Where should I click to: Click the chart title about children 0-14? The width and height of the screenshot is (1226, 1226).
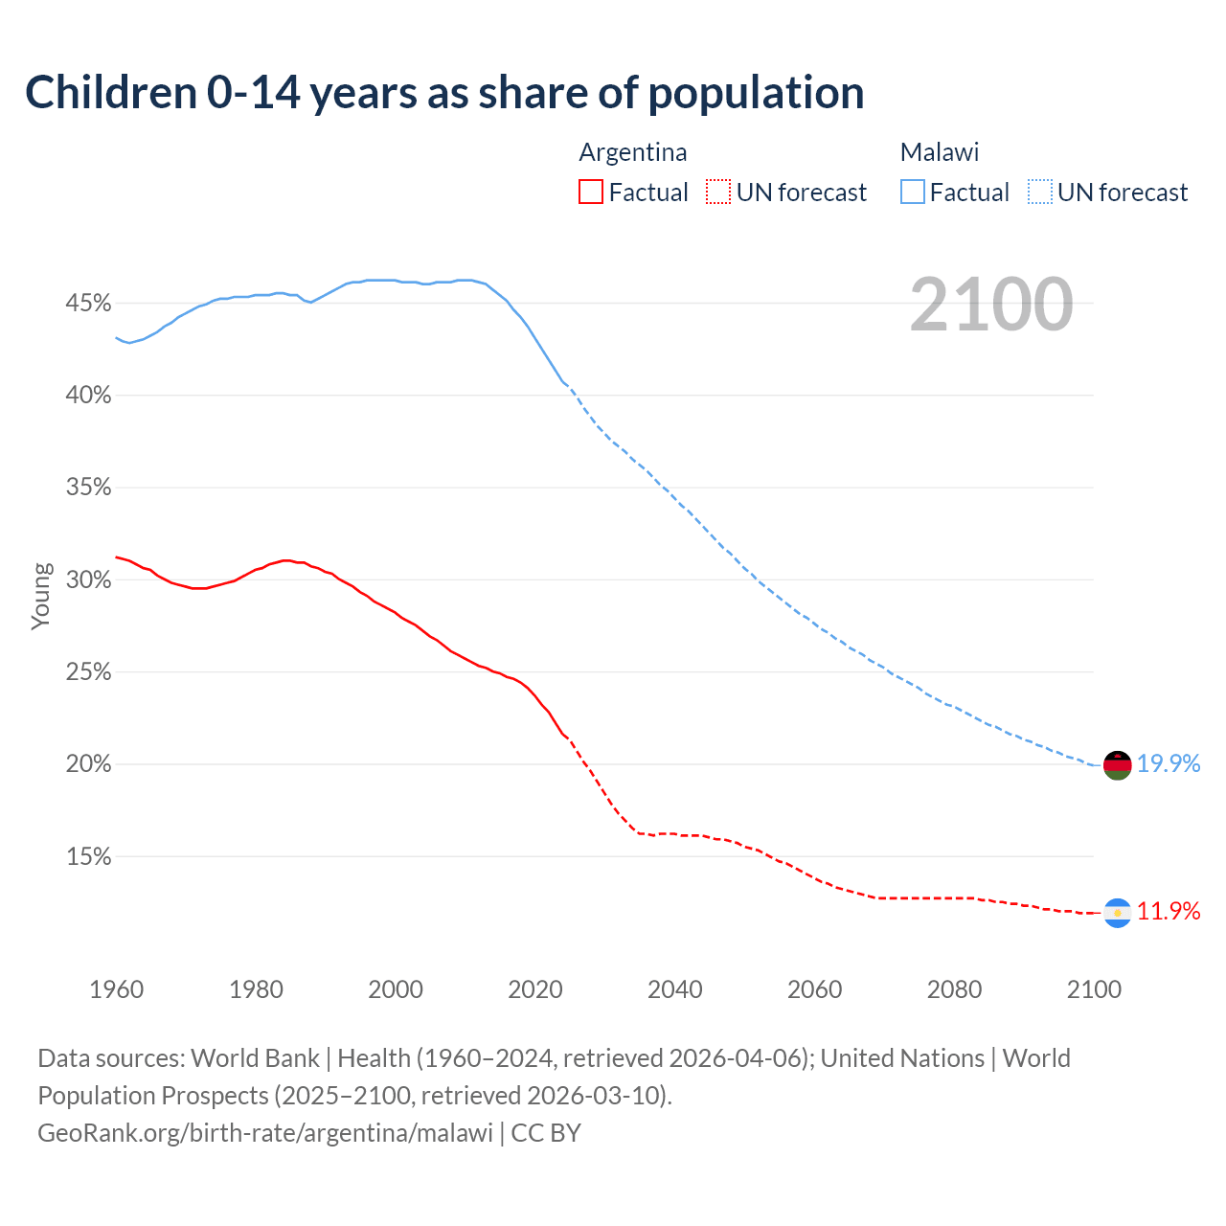(x=444, y=93)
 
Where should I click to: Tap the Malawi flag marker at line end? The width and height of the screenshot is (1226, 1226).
(x=1117, y=765)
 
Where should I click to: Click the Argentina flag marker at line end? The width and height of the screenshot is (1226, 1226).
(x=1117, y=914)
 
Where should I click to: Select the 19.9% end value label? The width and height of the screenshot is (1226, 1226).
(x=1169, y=763)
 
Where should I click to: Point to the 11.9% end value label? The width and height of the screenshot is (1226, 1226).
(x=1169, y=911)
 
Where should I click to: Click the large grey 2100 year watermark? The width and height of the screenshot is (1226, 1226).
(x=990, y=305)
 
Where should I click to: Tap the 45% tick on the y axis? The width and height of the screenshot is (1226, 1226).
(x=88, y=304)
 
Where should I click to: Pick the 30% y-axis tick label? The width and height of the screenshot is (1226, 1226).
(x=88, y=580)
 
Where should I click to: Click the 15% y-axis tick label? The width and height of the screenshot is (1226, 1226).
(x=88, y=857)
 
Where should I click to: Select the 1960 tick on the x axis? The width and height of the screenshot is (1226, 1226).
(x=116, y=989)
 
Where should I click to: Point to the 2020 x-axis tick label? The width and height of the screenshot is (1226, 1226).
(x=534, y=989)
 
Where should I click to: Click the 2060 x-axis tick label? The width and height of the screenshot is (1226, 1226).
(x=814, y=989)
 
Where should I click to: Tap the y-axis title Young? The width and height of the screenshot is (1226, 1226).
(x=40, y=596)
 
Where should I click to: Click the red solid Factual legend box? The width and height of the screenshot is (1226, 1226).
(x=591, y=193)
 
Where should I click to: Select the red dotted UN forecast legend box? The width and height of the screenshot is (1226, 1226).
(x=718, y=193)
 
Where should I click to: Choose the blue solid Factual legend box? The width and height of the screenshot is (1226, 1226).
(x=913, y=193)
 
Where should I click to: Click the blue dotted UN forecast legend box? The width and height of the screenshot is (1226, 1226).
(x=1040, y=193)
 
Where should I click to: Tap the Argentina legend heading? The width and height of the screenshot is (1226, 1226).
(x=632, y=152)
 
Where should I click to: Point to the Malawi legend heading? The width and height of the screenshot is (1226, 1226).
(x=939, y=152)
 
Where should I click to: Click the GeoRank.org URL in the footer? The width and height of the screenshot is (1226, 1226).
(x=265, y=1133)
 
